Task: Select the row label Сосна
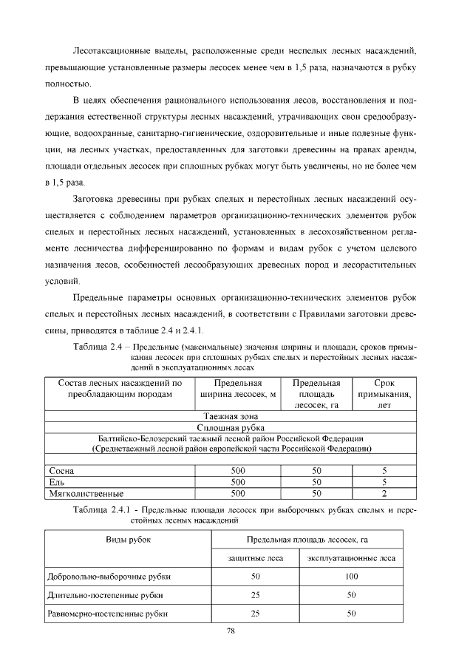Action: pyautogui.click(x=61, y=470)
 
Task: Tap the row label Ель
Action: pyautogui.click(x=56, y=481)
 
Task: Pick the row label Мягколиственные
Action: pyautogui.click(x=85, y=492)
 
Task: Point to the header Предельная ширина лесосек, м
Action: pyautogui.click(x=238, y=389)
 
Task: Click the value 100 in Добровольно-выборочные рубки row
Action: pyautogui.click(x=352, y=575)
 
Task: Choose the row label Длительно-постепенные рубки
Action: pyautogui.click(x=104, y=594)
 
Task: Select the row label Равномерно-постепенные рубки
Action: pyautogui.click(x=107, y=614)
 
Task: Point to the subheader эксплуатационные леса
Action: pyautogui.click(x=352, y=558)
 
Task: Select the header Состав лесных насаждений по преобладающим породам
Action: pyautogui.click(x=115, y=389)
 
